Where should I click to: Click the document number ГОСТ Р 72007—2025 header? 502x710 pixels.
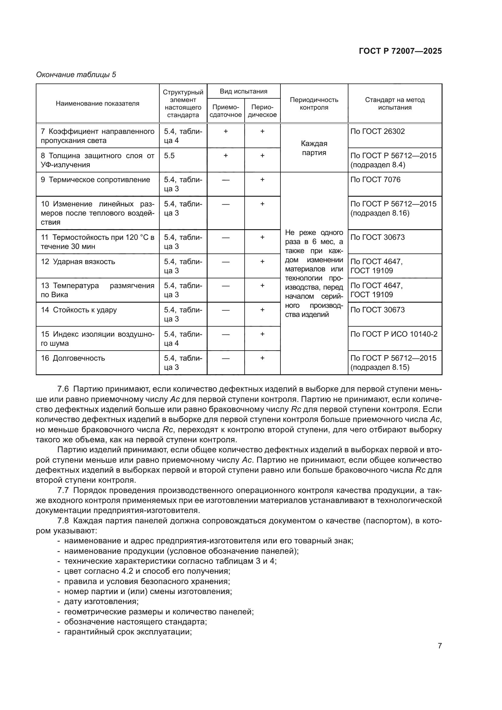pos(400,51)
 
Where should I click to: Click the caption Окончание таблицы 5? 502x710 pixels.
pos(76,75)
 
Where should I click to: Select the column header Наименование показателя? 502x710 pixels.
pos(97,104)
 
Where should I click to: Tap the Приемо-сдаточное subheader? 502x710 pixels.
pos(226,111)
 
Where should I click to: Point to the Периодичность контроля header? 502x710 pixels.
pos(314,104)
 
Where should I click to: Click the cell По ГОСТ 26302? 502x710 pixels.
pos(378,131)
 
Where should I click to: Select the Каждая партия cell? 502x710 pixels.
pos(314,148)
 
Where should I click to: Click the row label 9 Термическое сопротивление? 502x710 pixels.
pos(96,180)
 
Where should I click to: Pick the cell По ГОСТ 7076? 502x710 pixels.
pos(375,180)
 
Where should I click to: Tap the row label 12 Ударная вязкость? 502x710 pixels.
pos(78,262)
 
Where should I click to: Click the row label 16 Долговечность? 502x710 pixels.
pos(73,358)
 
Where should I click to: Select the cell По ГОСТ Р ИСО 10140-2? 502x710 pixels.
pos(394,334)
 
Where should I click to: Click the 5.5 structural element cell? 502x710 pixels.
pos(169,155)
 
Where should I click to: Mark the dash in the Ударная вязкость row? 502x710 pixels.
pos(226,262)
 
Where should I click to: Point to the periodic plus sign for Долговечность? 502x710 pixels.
pos(262,358)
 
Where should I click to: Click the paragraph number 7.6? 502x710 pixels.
pos(63,389)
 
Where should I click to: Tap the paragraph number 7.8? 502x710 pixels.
pos(63,521)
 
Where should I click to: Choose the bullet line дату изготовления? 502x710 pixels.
pos(101,601)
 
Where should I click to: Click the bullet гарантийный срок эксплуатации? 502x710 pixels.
pos(128,632)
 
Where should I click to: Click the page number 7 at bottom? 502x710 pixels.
pos(439,646)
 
